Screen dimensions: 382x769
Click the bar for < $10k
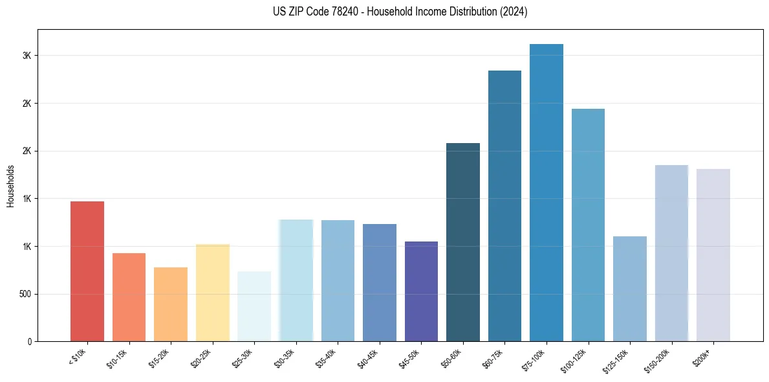click(87, 272)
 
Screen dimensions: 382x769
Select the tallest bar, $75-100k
click(547, 194)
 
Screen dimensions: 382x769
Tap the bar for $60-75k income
click(504, 207)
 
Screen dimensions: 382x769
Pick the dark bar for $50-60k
click(463, 243)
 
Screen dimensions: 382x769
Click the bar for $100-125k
click(588, 227)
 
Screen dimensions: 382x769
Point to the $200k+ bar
click(713, 256)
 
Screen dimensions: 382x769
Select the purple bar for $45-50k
click(421, 291)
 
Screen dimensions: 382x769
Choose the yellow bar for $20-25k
click(213, 293)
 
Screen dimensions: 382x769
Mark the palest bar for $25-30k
click(254, 306)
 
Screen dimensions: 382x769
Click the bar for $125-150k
click(630, 289)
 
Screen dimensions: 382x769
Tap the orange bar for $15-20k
click(171, 304)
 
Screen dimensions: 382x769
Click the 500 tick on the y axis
click(26, 294)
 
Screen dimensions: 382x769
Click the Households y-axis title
click(11, 186)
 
